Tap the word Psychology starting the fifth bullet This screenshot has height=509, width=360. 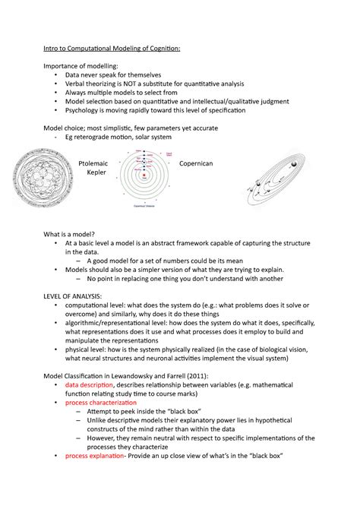(89, 109)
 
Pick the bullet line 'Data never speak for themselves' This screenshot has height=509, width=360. (121, 75)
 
